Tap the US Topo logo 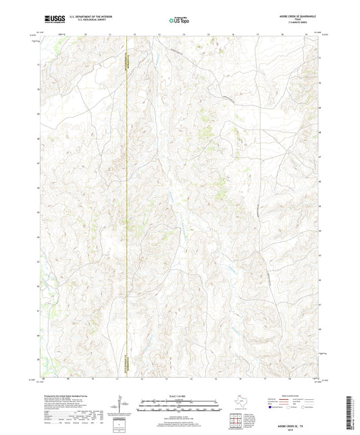coord(179,21)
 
